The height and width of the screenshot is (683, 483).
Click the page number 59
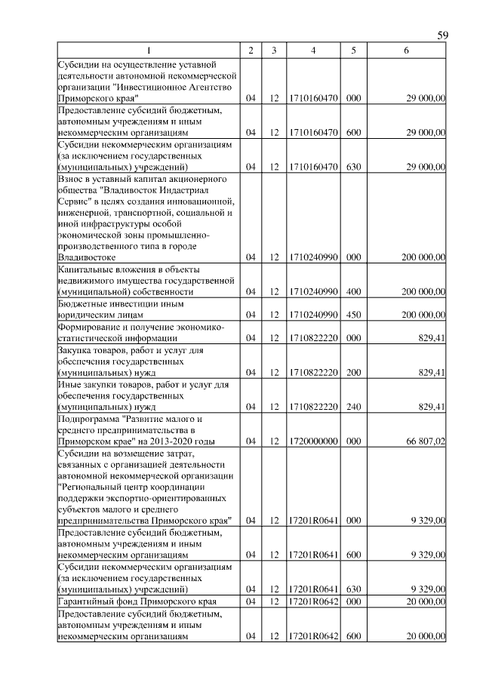click(443, 35)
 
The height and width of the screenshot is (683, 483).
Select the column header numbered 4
click(312, 51)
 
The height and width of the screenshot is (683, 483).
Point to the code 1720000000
click(312, 441)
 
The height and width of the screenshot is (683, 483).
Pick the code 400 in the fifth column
click(353, 291)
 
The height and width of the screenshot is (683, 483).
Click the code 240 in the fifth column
click(353, 408)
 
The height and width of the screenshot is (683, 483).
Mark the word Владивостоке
click(87, 257)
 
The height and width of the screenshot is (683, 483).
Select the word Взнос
click(72, 179)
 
